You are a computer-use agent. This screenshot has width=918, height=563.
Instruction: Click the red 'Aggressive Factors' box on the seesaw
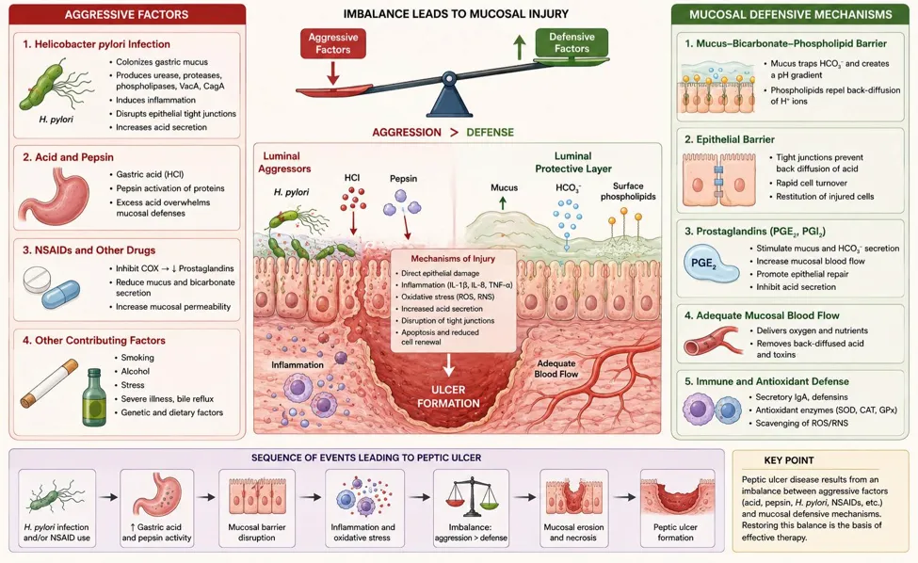pyautogui.click(x=333, y=43)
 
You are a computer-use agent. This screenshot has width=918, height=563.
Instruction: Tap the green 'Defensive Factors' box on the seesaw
pyautogui.click(x=572, y=42)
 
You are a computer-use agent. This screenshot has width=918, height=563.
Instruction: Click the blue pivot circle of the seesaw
pyautogui.click(x=449, y=77)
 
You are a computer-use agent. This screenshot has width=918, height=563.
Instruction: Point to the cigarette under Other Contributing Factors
pyautogui.click(x=49, y=383)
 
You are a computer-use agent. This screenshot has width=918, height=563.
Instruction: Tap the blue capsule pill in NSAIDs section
pyautogui.click(x=61, y=294)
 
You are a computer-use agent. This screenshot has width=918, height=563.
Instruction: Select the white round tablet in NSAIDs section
pyautogui.click(x=37, y=280)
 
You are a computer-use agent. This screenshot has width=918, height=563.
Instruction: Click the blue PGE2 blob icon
pyautogui.click(x=710, y=264)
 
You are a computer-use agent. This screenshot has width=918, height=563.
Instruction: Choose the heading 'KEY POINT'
pyautogui.click(x=789, y=460)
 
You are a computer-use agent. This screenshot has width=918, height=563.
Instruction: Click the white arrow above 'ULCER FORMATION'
pyautogui.click(x=448, y=364)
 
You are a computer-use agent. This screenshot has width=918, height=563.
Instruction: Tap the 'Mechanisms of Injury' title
pyautogui.click(x=453, y=259)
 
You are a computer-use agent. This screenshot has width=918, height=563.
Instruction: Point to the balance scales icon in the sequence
pyautogui.click(x=472, y=495)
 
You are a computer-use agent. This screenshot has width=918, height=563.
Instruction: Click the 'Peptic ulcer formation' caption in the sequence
pyautogui.click(x=676, y=532)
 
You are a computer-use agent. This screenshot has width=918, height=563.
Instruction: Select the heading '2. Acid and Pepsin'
pyautogui.click(x=69, y=157)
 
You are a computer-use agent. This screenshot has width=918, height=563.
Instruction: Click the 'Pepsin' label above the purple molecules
pyautogui.click(x=403, y=179)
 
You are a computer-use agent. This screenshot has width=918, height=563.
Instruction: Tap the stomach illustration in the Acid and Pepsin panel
pyautogui.click(x=54, y=196)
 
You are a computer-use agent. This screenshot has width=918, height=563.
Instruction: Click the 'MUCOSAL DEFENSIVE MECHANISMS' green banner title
pyautogui.click(x=790, y=15)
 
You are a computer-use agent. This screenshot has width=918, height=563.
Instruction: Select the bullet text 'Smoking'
pyautogui.click(x=137, y=358)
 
